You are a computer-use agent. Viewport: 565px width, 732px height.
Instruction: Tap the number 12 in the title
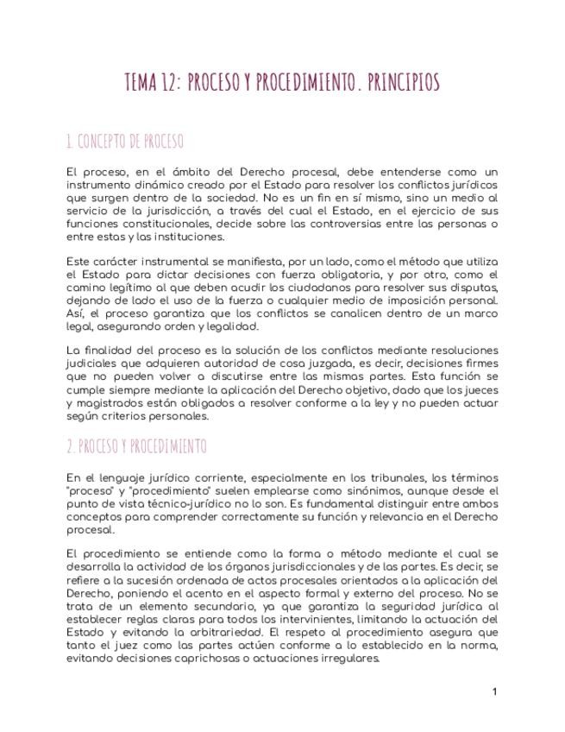tap(169, 83)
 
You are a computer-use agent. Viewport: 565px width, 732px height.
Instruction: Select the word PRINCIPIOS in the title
tap(403, 83)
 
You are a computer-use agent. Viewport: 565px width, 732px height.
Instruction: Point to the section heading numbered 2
tap(136, 446)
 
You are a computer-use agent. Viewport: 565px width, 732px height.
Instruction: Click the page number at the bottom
tap(494, 691)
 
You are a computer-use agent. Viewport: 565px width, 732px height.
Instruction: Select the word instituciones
tap(191, 237)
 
